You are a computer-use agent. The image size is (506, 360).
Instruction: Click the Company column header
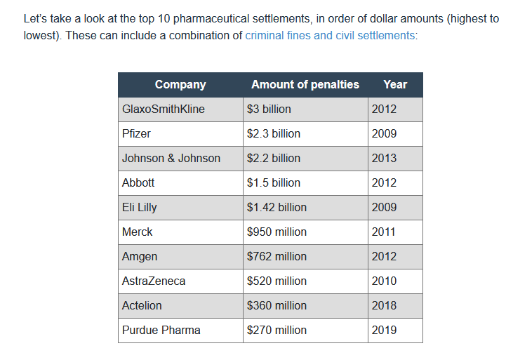(180, 84)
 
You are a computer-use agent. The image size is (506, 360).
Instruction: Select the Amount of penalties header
(305, 84)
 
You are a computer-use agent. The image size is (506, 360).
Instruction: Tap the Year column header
(395, 84)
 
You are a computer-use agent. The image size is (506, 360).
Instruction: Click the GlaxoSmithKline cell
(164, 109)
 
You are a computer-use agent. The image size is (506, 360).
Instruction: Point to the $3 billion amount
(269, 109)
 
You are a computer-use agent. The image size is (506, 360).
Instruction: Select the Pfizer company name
(136, 133)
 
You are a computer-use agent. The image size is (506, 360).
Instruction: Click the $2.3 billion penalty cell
(273, 133)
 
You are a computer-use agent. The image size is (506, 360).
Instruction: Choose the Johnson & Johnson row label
(171, 158)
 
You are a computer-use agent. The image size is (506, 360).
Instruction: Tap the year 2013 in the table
(384, 158)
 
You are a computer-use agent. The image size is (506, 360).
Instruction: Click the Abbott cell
(138, 182)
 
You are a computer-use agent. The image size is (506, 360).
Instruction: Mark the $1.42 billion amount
(277, 207)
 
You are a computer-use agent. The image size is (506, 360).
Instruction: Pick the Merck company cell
(137, 232)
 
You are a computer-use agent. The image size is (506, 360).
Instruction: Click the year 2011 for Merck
(384, 232)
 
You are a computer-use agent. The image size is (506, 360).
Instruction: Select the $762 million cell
(277, 256)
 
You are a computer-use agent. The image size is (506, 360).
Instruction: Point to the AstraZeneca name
(154, 281)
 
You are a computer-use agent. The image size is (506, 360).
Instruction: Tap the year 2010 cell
(384, 281)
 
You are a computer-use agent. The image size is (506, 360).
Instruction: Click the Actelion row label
(142, 305)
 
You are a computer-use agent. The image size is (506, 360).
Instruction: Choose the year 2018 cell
(384, 305)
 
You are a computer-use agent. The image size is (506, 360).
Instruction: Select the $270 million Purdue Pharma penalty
(277, 330)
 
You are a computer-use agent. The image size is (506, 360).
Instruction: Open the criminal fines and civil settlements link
(330, 35)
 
